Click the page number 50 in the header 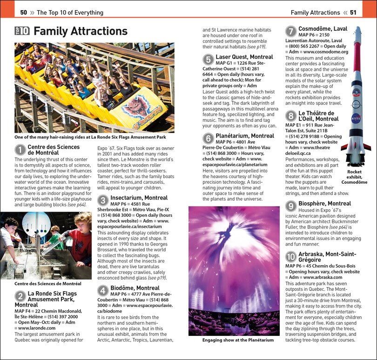click(24, 13)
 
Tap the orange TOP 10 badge click(22, 31)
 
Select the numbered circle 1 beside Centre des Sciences click(20, 150)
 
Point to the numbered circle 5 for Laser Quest click(208, 60)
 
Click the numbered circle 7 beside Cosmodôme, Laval click(290, 32)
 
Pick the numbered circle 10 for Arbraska click(290, 257)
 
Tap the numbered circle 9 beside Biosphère click(290, 207)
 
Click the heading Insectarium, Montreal click(139, 198)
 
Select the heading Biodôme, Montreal click(135, 288)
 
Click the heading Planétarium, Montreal click(245, 136)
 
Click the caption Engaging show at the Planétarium click(238, 340)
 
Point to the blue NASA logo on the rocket click(356, 120)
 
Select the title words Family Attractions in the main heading click(81, 31)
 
